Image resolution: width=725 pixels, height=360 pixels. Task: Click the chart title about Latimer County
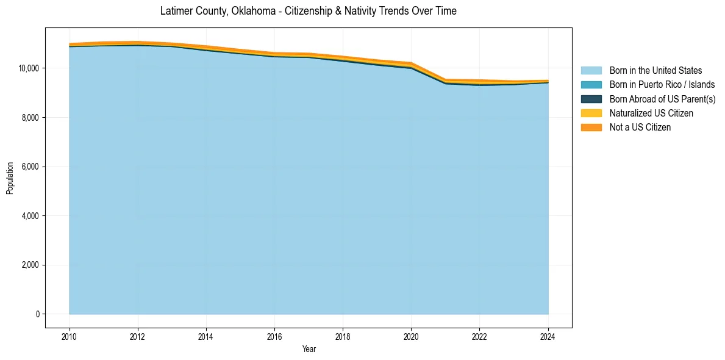[x=308, y=11]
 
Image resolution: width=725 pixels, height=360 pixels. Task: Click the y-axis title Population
[x=10, y=178]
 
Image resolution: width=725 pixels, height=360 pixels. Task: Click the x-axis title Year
[x=309, y=349]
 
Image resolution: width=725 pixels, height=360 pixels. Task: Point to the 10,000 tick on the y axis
[x=29, y=68]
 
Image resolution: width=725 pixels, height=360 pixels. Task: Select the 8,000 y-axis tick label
[x=30, y=117]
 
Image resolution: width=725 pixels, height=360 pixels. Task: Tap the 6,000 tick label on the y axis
[x=30, y=167]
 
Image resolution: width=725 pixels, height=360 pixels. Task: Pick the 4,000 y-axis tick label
[x=30, y=216]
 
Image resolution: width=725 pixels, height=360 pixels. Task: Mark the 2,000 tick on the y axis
[x=30, y=265]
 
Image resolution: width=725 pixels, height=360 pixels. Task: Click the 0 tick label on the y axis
[x=37, y=314]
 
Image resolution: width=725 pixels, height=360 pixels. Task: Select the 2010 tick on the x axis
[x=70, y=336]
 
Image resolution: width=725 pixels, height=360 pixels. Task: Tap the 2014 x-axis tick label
[x=206, y=336]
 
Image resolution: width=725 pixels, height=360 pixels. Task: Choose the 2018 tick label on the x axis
[x=343, y=336]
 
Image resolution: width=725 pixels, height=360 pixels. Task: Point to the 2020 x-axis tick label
[x=411, y=336]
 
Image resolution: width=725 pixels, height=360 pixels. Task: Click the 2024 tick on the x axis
[x=548, y=336]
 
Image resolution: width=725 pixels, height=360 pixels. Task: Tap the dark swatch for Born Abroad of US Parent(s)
[x=591, y=99]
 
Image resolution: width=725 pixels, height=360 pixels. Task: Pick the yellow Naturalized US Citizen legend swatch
[x=591, y=113]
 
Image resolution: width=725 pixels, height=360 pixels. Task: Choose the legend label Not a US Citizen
[x=640, y=127]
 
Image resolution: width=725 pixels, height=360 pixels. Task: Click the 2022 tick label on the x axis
[x=479, y=336]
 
